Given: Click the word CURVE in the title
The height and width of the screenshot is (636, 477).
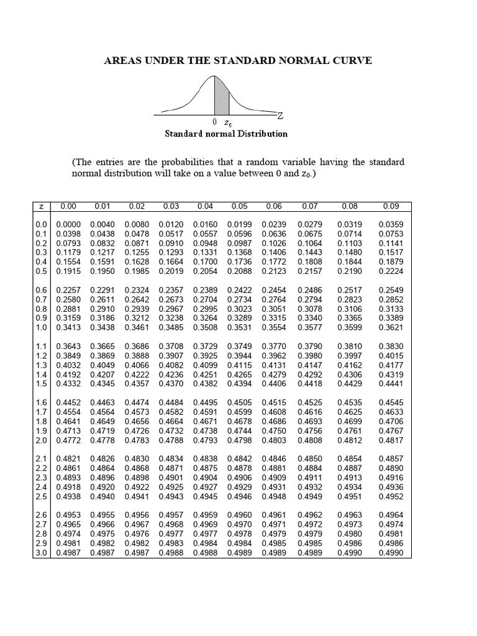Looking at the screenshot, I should point(350,60).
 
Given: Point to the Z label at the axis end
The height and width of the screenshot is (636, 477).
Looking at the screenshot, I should point(280,116).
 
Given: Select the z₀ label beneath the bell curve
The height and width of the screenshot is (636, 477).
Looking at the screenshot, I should point(228,124).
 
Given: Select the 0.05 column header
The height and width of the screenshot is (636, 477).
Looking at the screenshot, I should point(239,206).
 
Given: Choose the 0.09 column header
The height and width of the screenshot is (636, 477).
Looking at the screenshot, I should point(391,206).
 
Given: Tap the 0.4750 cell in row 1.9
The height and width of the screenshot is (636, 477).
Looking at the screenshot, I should point(273,430).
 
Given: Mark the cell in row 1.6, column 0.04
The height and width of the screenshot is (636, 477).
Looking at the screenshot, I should point(205,402).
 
